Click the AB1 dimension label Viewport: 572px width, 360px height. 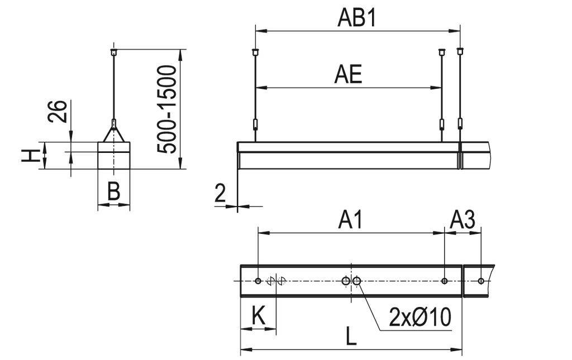pos(357,18)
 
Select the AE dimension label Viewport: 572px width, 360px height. pos(348,74)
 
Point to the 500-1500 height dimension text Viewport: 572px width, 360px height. pos(167,109)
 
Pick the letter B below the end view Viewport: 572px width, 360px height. pos(113,192)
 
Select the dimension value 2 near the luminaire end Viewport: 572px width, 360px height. pos(221,193)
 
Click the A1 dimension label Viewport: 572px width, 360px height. pos(350,220)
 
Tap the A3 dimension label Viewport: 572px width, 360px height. pos(463,220)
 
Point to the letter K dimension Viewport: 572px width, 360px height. pos(258,316)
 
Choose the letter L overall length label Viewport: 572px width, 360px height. pos(350,337)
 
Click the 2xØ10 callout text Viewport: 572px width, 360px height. pos(420,318)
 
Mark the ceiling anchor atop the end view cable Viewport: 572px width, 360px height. pos(114,52)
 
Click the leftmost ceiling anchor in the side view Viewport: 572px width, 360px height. pos(255,52)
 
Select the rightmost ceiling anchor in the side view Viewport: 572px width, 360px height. pos(460,51)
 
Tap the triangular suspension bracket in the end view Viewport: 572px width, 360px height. pos(114,134)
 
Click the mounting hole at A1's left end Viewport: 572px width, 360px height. pos(258,281)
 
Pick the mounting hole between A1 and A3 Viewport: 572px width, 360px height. pos(444,281)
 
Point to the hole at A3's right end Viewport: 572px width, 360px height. pos(481,281)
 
